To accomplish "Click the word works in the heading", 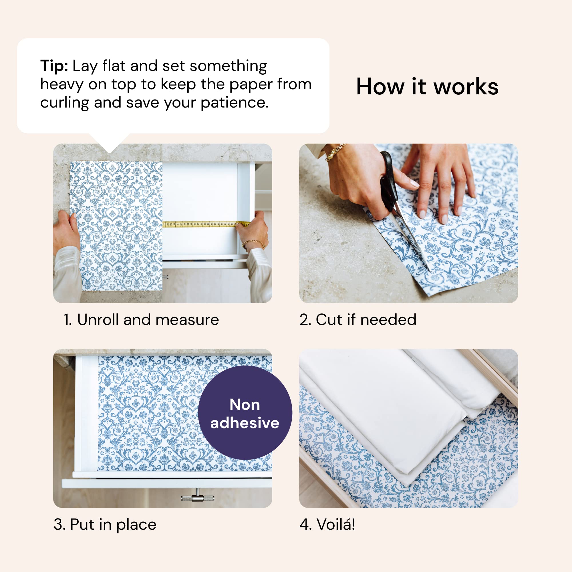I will (x=466, y=87).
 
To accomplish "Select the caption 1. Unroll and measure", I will (x=141, y=320).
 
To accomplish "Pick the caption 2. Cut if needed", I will (x=358, y=320).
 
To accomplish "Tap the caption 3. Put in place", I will (x=105, y=525).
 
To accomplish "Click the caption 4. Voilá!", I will (x=327, y=525).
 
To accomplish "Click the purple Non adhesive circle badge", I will (x=245, y=413).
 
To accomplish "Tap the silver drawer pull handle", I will (x=197, y=498).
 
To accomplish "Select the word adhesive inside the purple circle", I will (x=245, y=423).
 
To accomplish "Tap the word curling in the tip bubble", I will (x=64, y=103).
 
